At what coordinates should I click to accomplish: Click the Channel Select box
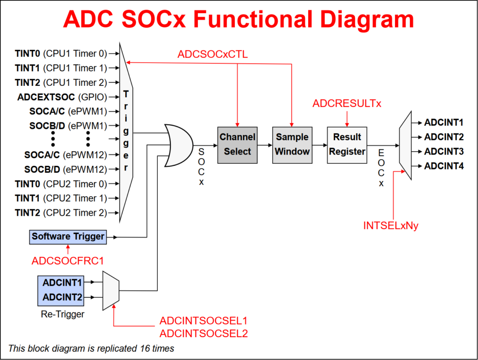(238, 144)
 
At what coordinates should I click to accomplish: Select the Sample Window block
(292, 144)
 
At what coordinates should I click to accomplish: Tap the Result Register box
(347, 144)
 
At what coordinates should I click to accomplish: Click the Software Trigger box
(68, 237)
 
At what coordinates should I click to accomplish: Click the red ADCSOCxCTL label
(212, 55)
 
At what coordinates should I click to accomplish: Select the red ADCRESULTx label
(347, 104)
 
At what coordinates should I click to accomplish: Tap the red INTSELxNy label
(391, 226)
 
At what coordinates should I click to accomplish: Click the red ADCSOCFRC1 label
(68, 261)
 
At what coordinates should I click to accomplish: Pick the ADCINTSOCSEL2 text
(204, 333)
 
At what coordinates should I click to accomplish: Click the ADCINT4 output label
(443, 166)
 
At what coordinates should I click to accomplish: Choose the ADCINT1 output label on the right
(443, 123)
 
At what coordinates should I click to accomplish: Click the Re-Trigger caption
(63, 314)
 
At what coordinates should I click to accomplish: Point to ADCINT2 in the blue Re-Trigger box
(63, 297)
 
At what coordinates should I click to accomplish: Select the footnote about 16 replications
(91, 348)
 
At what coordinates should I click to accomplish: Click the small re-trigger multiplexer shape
(111, 289)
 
